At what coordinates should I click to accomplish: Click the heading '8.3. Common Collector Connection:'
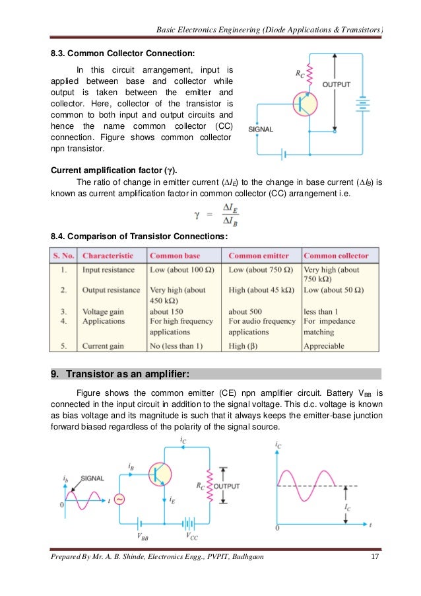point(122,52)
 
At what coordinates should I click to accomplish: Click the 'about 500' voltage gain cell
point(247,311)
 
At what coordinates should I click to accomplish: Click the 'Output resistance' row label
point(111,290)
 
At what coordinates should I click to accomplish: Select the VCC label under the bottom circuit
point(191,536)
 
